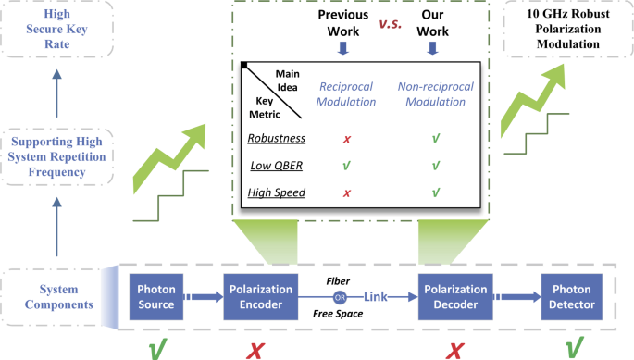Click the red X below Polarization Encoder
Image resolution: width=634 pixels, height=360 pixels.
[257, 348]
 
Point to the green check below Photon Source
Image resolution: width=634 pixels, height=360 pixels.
[157, 348]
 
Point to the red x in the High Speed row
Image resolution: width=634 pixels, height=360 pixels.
[346, 192]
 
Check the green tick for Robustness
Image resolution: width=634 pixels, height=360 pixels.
[435, 138]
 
